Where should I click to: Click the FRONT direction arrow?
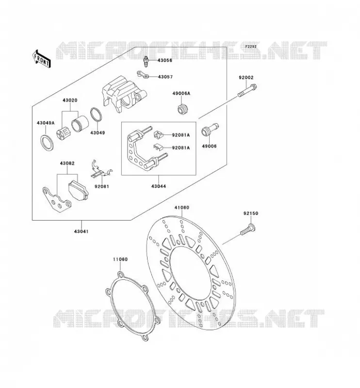42,59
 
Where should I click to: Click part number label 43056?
165,60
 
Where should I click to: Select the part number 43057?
165,77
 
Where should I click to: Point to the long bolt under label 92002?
247,91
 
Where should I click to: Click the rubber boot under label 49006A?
183,109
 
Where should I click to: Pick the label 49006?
209,146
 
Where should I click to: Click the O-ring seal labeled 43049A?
47,143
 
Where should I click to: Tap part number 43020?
70,100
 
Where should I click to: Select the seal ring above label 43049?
97,114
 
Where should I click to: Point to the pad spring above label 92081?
101,170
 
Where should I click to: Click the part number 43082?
67,163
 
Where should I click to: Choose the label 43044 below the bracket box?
159,186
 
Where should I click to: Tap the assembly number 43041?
81,231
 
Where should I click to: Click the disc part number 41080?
182,208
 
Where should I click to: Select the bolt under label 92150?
248,229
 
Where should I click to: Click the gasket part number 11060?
120,259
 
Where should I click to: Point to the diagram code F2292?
251,47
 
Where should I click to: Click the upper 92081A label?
181,135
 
